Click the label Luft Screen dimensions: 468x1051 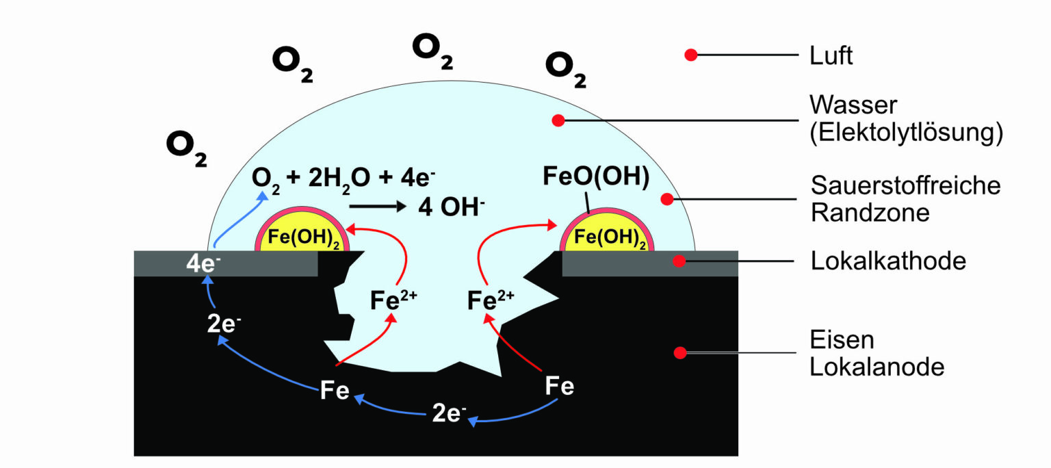point(831,55)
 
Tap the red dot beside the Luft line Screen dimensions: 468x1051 point(691,55)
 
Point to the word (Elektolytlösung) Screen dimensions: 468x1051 point(906,133)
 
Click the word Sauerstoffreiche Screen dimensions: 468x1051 point(905,185)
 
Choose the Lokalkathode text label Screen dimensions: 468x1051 point(887,261)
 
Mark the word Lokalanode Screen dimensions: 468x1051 point(877,367)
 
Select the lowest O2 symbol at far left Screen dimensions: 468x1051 point(186,149)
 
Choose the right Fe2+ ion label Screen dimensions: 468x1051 point(491,300)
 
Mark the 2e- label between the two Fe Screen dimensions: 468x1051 point(448,413)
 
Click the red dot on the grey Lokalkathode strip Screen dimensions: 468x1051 point(679,261)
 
